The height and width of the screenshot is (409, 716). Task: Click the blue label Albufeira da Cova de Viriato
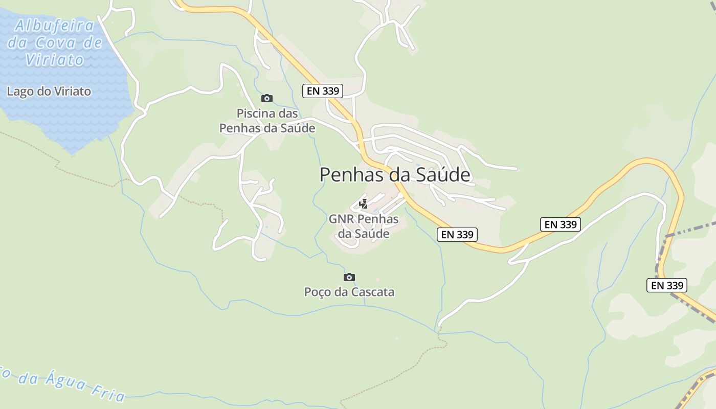pos(55,42)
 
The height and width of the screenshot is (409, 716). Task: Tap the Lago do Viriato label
pos(49,92)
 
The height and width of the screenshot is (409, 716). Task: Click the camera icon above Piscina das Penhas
pos(266,98)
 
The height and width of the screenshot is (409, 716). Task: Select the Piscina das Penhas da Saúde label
pos(267,121)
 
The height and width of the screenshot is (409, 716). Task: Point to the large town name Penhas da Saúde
pos(395,175)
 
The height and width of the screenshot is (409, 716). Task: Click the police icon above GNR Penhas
pos(364,204)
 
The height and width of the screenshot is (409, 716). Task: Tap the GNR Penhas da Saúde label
pos(364,226)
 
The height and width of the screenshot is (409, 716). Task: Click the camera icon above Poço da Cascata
pos(349,277)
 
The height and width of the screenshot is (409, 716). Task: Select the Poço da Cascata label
pos(349,292)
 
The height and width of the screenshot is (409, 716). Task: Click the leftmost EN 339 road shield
pos(323,91)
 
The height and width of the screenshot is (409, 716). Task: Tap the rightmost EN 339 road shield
pos(666,285)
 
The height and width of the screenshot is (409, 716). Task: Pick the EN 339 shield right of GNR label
pos(458,234)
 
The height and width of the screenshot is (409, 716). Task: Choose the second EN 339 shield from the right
pos(560,224)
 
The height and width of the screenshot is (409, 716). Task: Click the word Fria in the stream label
pos(108,392)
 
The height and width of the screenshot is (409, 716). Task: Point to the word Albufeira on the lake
pos(55,26)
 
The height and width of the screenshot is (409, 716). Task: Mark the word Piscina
pos(254,113)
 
